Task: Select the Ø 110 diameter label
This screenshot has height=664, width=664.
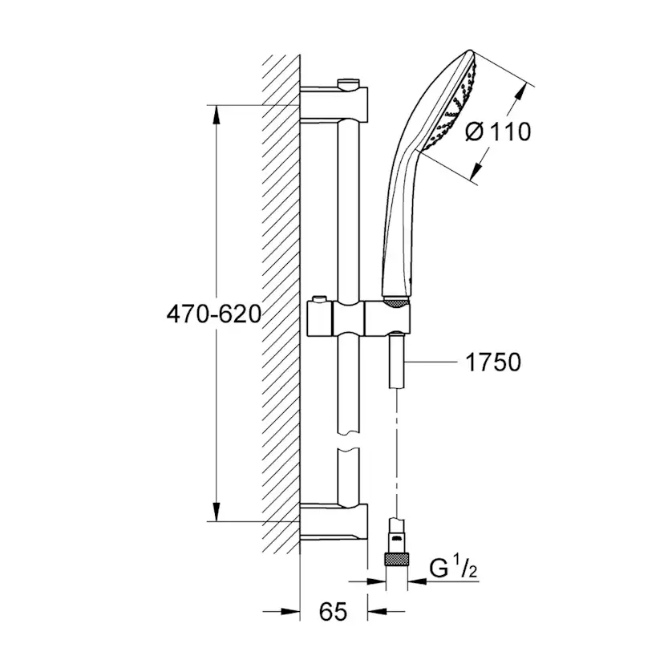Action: (497, 132)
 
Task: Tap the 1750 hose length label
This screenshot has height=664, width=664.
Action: (493, 362)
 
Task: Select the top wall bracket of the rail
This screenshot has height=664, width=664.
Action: (335, 101)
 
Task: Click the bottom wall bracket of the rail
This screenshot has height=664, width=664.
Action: (335, 522)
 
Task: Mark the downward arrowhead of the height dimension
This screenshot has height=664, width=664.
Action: (216, 510)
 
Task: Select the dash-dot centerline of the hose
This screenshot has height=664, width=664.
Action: (397, 449)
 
